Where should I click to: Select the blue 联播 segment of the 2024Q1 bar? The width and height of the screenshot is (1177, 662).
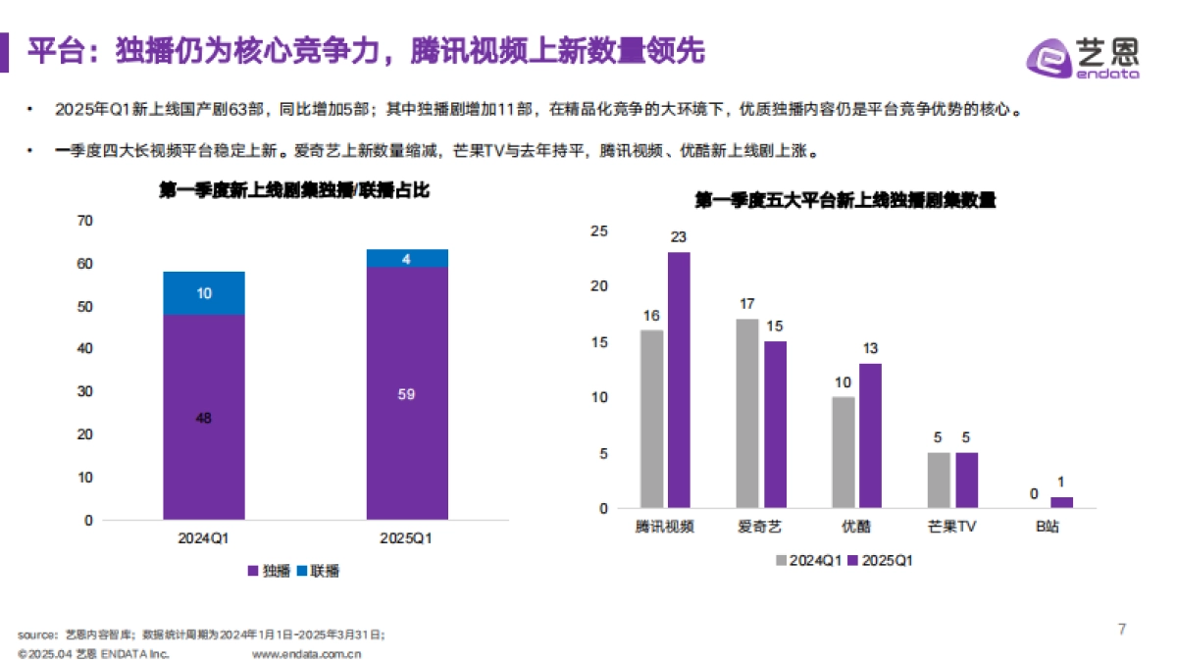click(204, 293)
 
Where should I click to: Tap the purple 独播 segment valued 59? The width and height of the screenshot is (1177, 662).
click(407, 392)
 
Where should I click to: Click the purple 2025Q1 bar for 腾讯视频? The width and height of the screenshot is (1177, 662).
click(679, 380)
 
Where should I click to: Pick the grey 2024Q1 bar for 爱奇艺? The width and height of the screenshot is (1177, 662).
click(747, 413)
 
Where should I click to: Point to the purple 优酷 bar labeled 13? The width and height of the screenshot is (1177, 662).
click(870, 435)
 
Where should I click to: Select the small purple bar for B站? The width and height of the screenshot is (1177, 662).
click(1061, 502)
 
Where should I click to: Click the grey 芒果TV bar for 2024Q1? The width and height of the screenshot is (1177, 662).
click(939, 480)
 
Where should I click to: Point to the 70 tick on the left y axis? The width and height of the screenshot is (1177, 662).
click(85, 221)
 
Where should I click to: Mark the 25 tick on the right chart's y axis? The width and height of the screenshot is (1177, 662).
click(599, 230)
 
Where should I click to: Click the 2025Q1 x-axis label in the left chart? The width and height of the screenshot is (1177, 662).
click(407, 538)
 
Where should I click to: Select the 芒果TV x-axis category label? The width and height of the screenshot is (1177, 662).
click(951, 527)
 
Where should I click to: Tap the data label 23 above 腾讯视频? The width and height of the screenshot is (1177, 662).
click(679, 237)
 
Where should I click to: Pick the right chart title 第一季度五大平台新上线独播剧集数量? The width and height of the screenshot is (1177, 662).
click(844, 200)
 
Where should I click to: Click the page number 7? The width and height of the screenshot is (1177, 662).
click(1122, 629)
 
